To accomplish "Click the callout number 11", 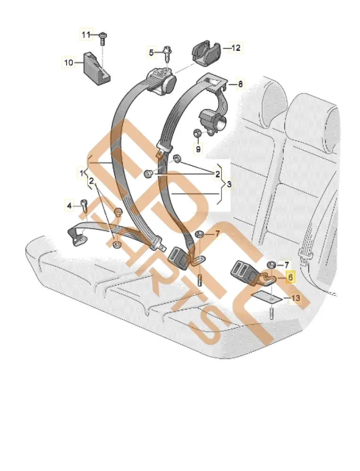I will (85, 35).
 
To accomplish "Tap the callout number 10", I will (69, 62).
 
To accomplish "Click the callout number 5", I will (151, 53).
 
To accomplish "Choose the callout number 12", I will (236, 48).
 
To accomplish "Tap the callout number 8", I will (240, 84).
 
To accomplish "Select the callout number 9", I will (198, 149).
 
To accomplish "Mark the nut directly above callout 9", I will (198, 135).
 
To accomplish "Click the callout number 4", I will (69, 205).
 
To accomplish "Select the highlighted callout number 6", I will (290, 278).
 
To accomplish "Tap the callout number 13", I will (295, 298).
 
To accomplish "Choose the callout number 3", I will (229, 184).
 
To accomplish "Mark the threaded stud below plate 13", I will (272, 313).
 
